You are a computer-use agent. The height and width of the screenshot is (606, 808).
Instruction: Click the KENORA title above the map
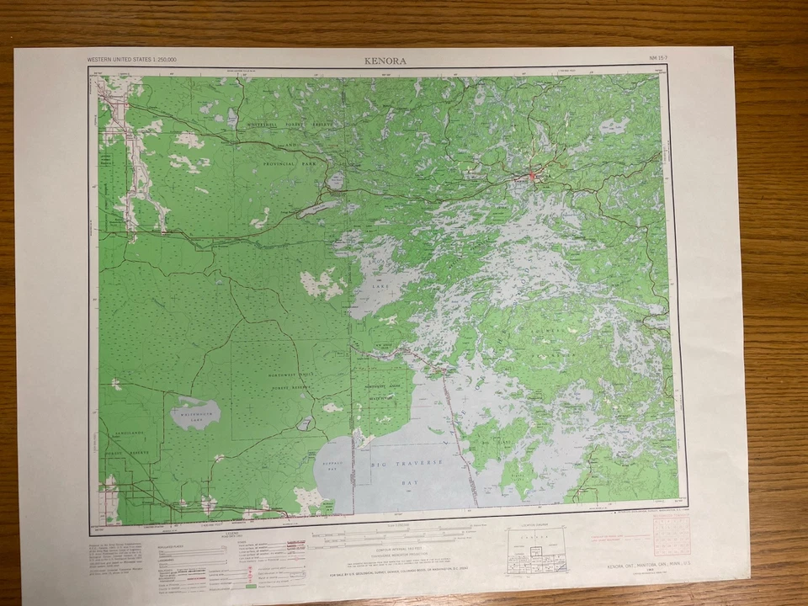(x=385, y=61)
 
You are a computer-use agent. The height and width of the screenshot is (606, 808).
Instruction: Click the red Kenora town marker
(x=531, y=176)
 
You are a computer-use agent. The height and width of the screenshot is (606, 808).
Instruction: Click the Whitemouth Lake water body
(x=195, y=413)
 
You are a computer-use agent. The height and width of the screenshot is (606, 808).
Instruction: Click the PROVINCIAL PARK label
(x=292, y=164)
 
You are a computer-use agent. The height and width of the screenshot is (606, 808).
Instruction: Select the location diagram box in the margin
(x=536, y=551)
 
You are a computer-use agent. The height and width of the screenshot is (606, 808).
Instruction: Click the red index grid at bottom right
(x=671, y=536)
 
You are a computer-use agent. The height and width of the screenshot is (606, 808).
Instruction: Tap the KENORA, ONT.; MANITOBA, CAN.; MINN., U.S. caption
(x=647, y=567)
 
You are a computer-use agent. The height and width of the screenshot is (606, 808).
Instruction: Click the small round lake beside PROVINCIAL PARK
(x=336, y=180)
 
